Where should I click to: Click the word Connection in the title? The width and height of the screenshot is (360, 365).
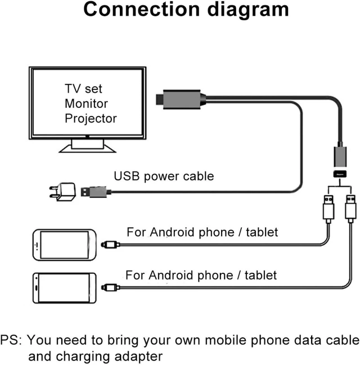(142, 10)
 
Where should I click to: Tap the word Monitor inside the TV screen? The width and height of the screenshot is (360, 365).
(86, 103)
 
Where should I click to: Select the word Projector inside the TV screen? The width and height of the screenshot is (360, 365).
(91, 119)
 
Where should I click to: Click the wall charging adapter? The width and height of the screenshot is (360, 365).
(63, 192)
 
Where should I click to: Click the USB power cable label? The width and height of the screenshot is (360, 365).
(164, 176)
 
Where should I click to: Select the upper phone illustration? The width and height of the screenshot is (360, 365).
(65, 245)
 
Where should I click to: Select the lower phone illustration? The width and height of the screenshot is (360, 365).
(65, 288)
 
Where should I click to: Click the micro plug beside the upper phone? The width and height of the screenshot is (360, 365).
(110, 245)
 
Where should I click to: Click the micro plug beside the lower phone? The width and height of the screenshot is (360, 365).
(110, 288)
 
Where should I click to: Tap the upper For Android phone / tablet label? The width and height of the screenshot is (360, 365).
(202, 232)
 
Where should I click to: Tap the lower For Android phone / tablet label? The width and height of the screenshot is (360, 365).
(201, 275)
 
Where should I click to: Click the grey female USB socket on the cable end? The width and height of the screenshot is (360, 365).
(340, 156)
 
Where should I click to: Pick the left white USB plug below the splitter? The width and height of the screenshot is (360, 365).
(328, 209)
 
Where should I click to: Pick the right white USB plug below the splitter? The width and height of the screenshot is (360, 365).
(350, 209)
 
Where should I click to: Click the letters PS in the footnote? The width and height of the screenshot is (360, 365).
(11, 340)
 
